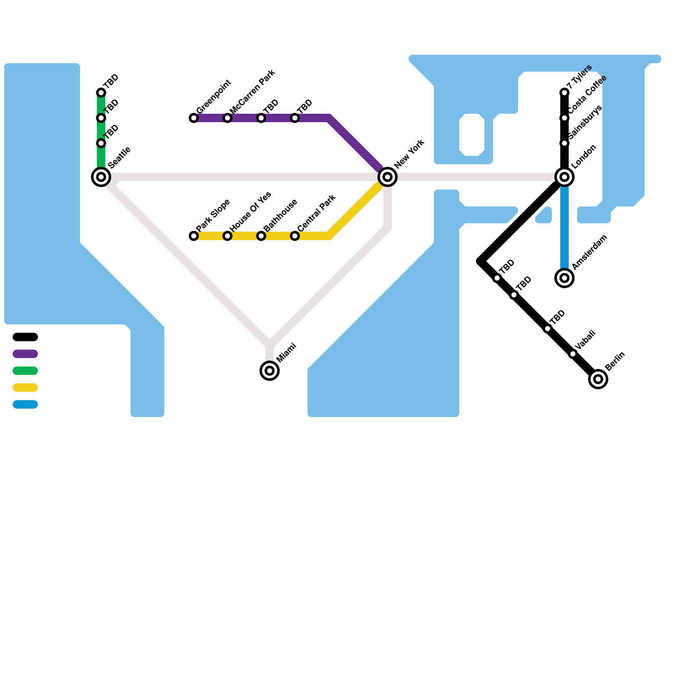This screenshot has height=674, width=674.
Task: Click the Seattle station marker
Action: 101,177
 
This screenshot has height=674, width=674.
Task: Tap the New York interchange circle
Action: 388,177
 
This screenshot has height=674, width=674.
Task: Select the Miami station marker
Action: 270,371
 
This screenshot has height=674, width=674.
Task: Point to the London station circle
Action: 564,177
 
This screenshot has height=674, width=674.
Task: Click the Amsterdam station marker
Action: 564,278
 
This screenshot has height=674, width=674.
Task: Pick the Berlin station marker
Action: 598,379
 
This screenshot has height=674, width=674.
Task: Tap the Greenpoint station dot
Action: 194,118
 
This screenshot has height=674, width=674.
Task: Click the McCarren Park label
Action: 252,91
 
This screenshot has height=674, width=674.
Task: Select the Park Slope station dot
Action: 194,236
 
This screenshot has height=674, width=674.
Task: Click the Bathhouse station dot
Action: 261,236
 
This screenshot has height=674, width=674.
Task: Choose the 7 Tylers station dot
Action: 564,93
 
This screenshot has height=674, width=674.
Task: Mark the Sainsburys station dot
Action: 564,143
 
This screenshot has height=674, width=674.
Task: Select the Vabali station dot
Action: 573,354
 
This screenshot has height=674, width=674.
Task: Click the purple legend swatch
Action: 25,354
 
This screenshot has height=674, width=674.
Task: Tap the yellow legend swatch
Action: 25,388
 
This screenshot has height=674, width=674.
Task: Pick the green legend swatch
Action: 25,371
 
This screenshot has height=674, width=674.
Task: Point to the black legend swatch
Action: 25,337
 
